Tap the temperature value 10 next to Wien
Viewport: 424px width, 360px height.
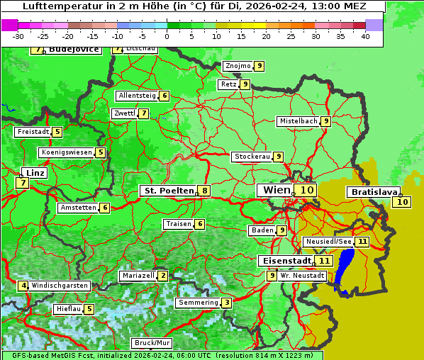(306, 190)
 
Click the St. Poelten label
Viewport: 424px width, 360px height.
(168, 191)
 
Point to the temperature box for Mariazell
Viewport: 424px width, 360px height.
(163, 275)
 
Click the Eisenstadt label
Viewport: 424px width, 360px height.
(284, 260)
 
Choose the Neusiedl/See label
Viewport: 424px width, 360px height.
(328, 242)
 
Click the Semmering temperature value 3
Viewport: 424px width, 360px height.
(226, 303)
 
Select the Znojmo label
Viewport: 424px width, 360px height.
(238, 66)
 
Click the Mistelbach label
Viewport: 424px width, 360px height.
(298, 121)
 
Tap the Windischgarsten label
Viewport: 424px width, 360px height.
(60, 285)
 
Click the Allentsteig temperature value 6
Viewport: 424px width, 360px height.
(164, 96)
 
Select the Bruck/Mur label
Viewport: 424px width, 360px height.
(152, 343)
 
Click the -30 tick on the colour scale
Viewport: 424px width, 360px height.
(18, 36)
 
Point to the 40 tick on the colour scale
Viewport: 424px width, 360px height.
(365, 36)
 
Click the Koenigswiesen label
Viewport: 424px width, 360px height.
(66, 152)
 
